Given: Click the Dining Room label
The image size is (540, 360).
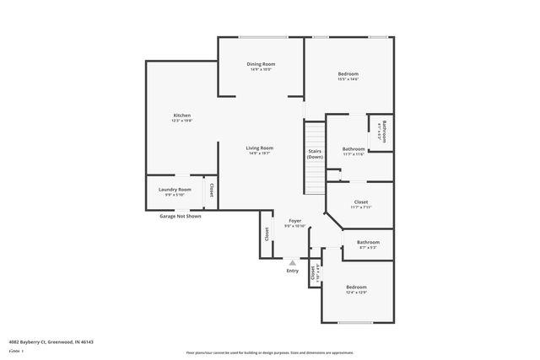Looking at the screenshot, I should tap(261, 64).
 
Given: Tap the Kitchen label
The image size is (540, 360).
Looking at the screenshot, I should tap(182, 116).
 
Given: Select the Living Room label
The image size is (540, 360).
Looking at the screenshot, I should tap(260, 148).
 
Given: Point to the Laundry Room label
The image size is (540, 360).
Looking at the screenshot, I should tap(175, 190).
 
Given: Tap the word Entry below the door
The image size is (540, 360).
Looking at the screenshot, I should tap(293, 271).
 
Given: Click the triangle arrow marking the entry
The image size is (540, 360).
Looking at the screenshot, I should tap(293, 262).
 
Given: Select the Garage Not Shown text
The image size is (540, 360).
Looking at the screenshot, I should tap(181, 216).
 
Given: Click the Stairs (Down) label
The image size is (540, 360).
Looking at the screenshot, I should tap(315, 153).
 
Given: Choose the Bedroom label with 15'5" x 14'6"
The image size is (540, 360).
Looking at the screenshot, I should tap(348, 74).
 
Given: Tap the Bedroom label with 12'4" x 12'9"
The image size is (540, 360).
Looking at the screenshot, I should tap(356, 287).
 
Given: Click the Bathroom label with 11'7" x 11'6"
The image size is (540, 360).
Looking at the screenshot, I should tap(354, 149).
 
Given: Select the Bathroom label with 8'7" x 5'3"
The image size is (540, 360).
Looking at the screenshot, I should tap(368, 242).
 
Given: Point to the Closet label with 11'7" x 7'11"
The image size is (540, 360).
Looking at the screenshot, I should tap(360, 202).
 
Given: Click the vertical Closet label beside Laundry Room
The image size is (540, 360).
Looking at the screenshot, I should tap(211, 191).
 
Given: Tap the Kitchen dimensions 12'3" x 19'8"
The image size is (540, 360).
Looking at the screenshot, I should tap(182, 121).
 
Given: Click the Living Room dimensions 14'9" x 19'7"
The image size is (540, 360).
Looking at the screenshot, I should tap(260, 153).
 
